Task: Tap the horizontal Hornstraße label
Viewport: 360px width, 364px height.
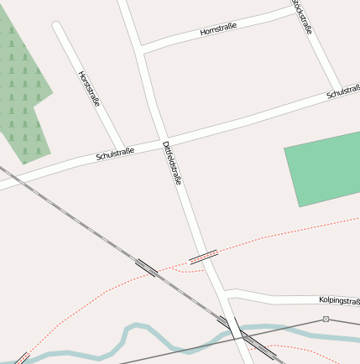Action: [x=218, y=30]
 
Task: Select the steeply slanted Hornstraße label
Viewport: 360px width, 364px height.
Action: [x=89, y=88]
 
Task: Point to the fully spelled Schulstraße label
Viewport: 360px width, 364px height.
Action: [x=115, y=154]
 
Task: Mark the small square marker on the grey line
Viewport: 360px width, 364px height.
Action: [x=326, y=320]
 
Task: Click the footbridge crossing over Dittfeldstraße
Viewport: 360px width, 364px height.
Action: [x=203, y=256]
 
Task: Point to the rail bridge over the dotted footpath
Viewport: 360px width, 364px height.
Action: [x=146, y=268]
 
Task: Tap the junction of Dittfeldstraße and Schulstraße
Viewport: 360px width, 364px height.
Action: [x=163, y=140]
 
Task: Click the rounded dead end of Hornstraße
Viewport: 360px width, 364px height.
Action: [x=58, y=28]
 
